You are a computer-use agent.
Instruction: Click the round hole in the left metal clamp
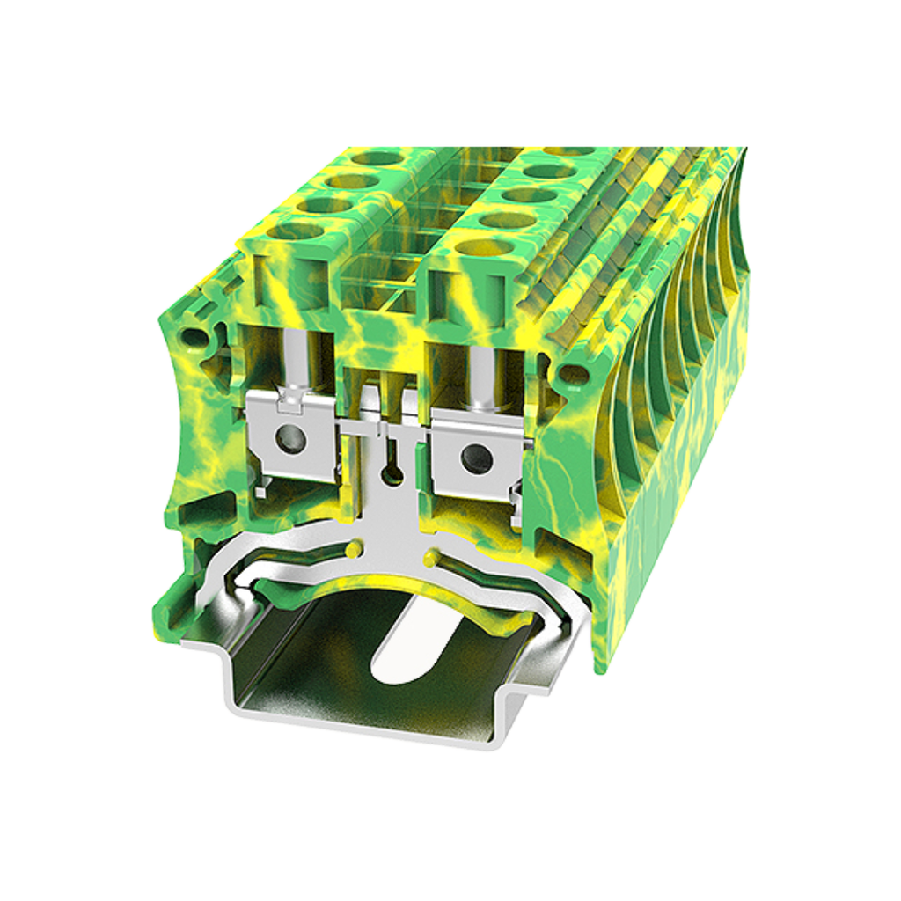tap(288, 435)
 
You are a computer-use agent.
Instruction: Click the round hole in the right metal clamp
tap(476, 456)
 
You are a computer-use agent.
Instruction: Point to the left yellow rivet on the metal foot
tap(353, 550)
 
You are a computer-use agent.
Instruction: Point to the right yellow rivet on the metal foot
tap(431, 558)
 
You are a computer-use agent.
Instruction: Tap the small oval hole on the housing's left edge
tap(193, 337)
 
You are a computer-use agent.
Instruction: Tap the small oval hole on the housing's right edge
tap(573, 373)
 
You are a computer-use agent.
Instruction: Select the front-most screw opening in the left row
tap(295, 231)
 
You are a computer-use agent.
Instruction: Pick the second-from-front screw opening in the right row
tap(509, 220)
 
